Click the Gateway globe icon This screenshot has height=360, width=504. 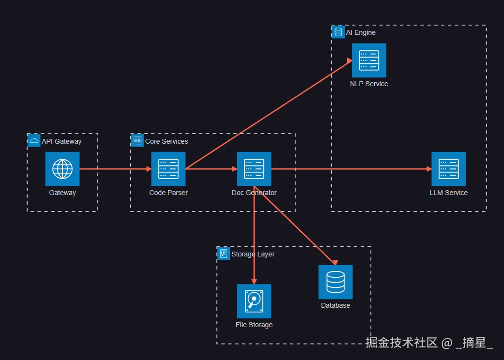(62, 169)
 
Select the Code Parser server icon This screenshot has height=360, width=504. (168, 169)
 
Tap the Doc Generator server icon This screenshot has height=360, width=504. (254, 169)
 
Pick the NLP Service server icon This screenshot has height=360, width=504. (369, 60)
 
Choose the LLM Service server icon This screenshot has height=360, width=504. (448, 169)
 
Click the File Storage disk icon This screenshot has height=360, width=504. (254, 301)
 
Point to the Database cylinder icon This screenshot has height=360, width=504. (336, 282)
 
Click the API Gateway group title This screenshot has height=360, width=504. (61, 141)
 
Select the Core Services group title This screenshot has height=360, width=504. (167, 141)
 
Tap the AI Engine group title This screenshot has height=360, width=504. (361, 32)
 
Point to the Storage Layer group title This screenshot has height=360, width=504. (253, 254)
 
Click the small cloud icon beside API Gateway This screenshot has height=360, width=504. (34, 141)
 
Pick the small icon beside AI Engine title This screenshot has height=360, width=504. (338, 32)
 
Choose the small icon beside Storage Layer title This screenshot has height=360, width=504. (224, 254)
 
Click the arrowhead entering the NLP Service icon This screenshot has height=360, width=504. (350, 60)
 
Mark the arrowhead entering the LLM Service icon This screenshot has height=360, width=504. (429, 169)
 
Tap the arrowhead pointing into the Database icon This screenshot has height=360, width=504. (335, 262)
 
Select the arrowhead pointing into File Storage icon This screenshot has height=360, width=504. (254, 282)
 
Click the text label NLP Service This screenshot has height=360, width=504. (369, 84)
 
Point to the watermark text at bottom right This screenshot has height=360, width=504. (429, 343)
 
